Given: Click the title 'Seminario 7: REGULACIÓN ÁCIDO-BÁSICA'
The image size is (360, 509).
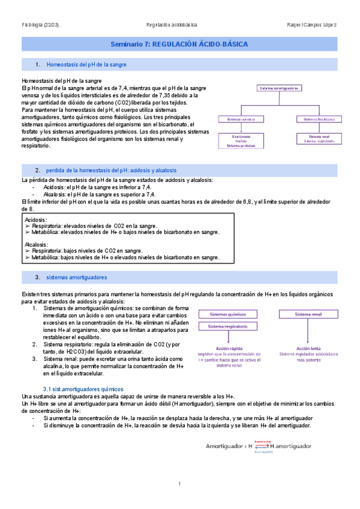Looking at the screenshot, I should [x=179, y=45].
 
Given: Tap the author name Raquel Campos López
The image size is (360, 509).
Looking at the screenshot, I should [x=313, y=25].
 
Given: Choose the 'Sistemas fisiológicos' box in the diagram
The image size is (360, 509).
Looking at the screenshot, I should [x=317, y=119].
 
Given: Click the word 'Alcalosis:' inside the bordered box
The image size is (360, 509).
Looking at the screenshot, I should [x=37, y=245].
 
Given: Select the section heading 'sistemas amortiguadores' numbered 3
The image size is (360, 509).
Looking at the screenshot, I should [x=76, y=278].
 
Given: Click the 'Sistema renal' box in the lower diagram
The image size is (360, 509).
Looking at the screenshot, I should [x=308, y=315].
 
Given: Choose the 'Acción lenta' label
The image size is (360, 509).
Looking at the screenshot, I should [x=308, y=348].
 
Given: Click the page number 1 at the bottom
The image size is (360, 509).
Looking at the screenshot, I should [x=179, y=484].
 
